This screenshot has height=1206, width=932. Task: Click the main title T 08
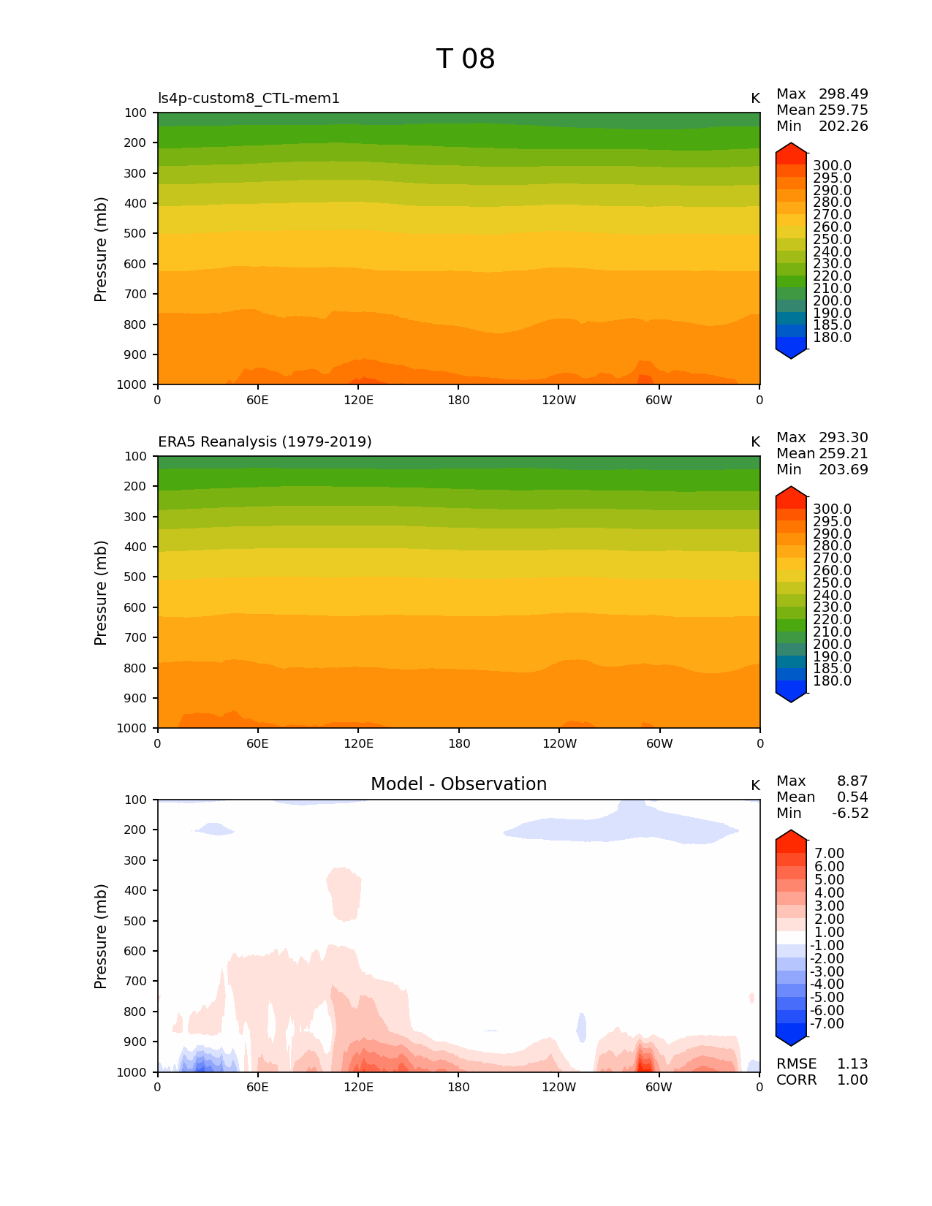point(466,59)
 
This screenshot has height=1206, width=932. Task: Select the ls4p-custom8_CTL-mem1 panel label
point(249,99)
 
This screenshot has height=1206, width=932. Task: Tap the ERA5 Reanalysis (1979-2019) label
point(265,442)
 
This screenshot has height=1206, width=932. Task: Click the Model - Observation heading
point(458,784)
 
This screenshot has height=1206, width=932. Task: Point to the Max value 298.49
point(843,94)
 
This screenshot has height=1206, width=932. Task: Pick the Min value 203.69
point(843,470)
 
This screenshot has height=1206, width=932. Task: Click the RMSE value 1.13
point(852,1064)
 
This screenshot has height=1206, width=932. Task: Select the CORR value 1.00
point(852,1080)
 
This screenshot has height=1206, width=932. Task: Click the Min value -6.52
point(850,814)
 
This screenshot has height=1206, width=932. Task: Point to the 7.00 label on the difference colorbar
point(829,854)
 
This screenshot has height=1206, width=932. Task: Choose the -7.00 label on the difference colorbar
point(827,1024)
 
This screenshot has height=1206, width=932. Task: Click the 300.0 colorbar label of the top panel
point(832,166)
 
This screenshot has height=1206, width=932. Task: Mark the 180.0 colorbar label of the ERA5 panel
point(832,681)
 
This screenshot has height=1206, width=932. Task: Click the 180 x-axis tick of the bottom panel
point(458,1088)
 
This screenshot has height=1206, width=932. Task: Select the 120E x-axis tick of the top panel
point(358,401)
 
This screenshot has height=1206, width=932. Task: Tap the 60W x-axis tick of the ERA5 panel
point(659,744)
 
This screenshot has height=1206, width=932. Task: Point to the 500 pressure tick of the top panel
point(135,234)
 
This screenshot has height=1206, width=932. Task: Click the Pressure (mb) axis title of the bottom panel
point(101,936)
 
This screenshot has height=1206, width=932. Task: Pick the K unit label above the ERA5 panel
point(755,442)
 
